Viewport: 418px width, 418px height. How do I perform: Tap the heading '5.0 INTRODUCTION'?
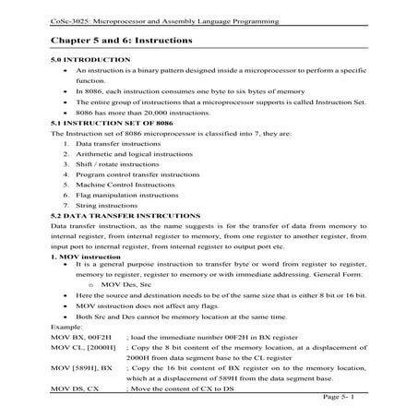click(91, 59)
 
